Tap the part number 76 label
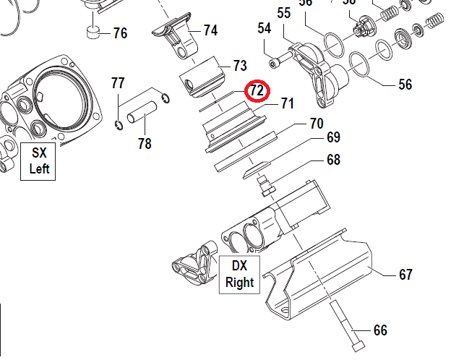[x=119, y=33]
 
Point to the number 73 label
[x=239, y=65]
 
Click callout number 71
[x=287, y=103]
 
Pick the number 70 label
[x=316, y=123]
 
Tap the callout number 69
[x=332, y=137]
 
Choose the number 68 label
[x=332, y=160]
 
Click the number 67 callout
[x=405, y=275]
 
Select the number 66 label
[x=380, y=330]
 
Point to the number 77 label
[x=118, y=83]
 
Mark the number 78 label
[x=145, y=143]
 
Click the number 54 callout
[x=265, y=28]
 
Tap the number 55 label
[x=283, y=13]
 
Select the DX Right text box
[x=239, y=274]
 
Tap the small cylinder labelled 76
[x=92, y=33]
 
